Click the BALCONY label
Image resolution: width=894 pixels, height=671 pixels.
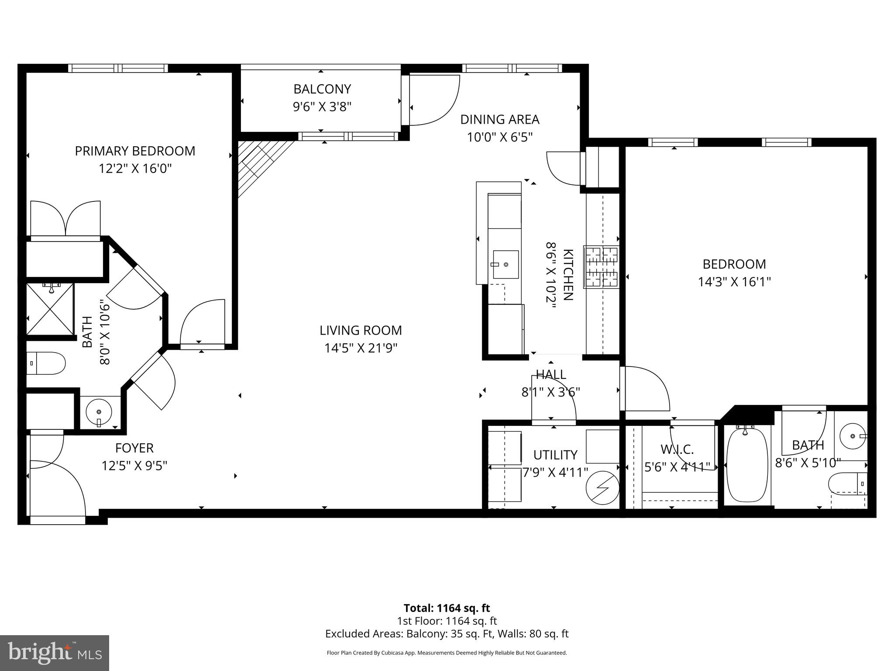tap(322, 89)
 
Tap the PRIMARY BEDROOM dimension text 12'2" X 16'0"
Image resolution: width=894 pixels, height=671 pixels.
tap(135, 169)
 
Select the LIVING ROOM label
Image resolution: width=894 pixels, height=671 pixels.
tap(361, 330)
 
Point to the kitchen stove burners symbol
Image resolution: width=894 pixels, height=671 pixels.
tap(602, 267)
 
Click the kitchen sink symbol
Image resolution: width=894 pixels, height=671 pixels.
tap(505, 264)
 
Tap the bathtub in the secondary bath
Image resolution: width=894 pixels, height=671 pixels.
tap(746, 465)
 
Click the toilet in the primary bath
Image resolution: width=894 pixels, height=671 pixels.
tap(46, 363)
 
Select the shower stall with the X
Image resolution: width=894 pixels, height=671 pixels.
tap(50, 309)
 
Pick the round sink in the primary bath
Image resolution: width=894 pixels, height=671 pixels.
tap(99, 412)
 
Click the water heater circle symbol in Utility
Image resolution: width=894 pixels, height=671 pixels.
tap(602, 488)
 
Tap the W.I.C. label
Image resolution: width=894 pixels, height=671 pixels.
tap(677, 449)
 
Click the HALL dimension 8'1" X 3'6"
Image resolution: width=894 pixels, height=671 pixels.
tap(550, 392)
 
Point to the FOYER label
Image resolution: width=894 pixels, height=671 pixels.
tap(134, 448)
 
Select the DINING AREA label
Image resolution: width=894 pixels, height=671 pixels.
tap(500, 119)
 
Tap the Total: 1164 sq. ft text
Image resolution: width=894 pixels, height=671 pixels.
tap(447, 608)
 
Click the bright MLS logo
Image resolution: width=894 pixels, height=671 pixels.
tap(55, 653)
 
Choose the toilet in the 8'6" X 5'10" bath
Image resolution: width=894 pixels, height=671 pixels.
tap(847, 484)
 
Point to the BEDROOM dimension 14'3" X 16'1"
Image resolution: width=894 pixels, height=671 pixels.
tap(734, 282)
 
